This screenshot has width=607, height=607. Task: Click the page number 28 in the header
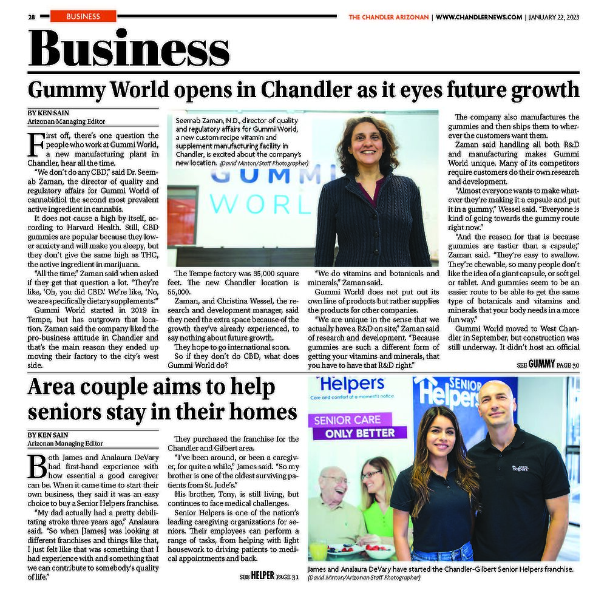(x=31, y=17)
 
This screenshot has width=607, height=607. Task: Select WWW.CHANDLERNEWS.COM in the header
(x=478, y=17)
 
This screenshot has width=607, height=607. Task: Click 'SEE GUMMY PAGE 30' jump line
(x=548, y=365)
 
